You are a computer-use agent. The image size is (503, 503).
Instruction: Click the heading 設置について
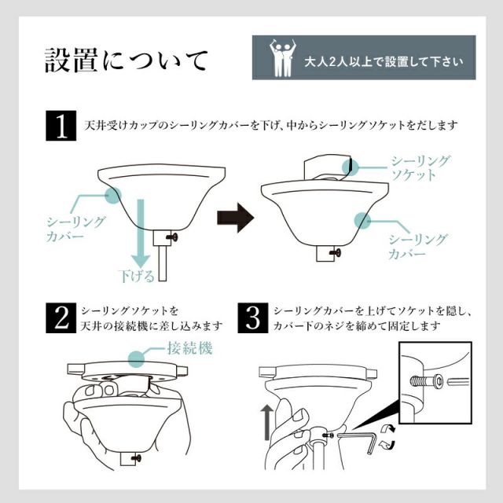127,60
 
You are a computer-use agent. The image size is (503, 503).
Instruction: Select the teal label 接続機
188,348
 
